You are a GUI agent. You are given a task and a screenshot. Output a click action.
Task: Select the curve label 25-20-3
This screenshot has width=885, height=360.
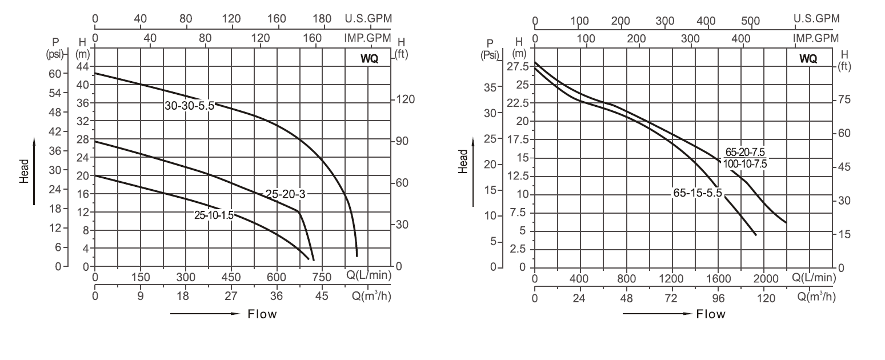coord(286,194)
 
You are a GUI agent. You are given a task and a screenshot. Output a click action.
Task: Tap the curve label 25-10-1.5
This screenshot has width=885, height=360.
coord(214,215)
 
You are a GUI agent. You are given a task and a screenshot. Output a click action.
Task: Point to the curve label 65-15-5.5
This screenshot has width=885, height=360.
coord(698,193)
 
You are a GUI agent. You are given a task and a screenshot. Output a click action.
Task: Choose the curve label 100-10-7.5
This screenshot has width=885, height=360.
coord(744,164)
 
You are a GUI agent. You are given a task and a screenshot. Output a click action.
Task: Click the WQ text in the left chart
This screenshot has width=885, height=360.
coord(369,59)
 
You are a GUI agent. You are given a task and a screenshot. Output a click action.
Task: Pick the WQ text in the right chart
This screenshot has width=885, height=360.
coord(808,59)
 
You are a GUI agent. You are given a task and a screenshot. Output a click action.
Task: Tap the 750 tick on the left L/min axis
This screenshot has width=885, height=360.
coord(322,278)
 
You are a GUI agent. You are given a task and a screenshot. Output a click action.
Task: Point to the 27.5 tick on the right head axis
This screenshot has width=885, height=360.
coord(518,67)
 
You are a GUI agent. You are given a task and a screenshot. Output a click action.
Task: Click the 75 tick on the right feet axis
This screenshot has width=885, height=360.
coord(844,99)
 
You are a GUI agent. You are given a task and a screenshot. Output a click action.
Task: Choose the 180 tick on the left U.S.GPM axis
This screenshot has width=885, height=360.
coord(322,19)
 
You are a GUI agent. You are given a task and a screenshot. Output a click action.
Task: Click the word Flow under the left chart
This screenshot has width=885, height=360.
coord(262,314)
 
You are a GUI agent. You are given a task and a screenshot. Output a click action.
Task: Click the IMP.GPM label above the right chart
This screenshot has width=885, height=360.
coord(816,38)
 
